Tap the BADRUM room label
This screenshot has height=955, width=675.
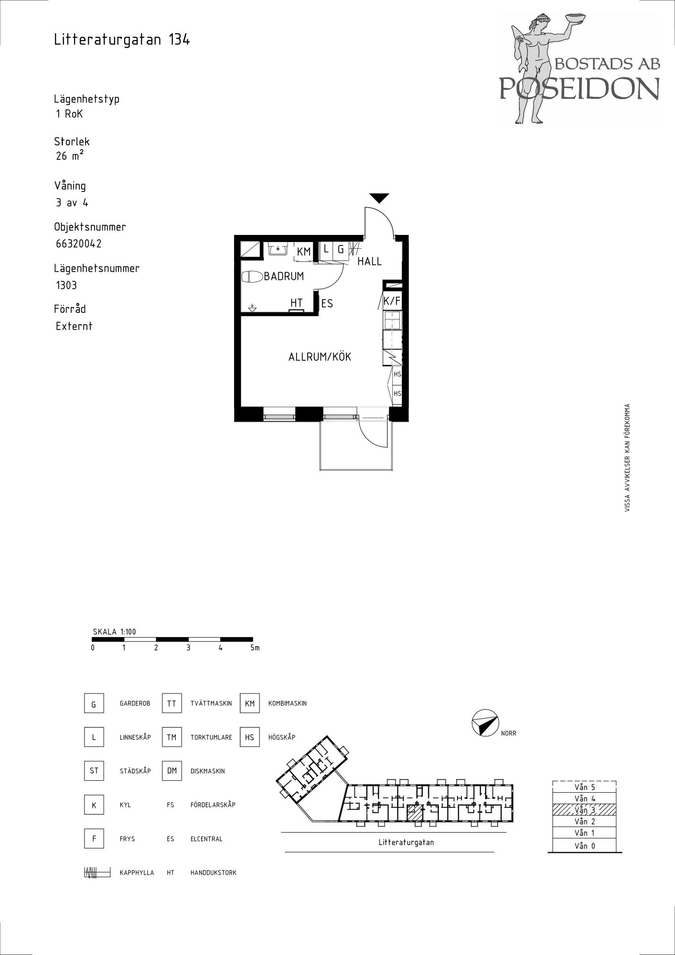tap(284, 276)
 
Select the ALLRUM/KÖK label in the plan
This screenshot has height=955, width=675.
tap(320, 357)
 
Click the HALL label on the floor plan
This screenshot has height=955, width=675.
tap(369, 261)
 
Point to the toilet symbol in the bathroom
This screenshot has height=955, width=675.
tap(253, 277)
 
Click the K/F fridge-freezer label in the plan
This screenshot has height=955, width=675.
tap(392, 301)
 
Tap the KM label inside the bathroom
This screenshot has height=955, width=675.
tap(304, 252)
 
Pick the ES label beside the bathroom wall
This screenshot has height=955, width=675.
tap(327, 304)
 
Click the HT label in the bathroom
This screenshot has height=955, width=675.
tap(297, 303)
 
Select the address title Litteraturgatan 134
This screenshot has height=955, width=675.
tap(122, 40)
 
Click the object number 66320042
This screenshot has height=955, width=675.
tap(79, 244)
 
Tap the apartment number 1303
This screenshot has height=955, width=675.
tap(66, 285)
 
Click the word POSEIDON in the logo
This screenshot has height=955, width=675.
tap(579, 88)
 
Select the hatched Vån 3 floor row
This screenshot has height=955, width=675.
tap(584, 810)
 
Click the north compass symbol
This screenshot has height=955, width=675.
tap(485, 723)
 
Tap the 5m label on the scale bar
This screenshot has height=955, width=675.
tap(255, 648)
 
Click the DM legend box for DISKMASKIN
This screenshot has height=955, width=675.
tap(172, 771)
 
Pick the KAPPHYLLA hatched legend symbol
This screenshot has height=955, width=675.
tap(97, 872)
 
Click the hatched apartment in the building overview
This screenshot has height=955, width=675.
tap(415, 813)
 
